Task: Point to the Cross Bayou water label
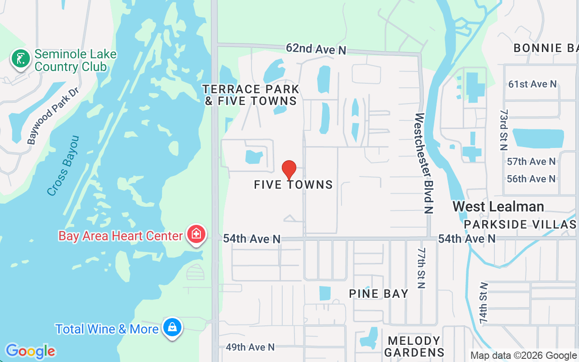[63, 166]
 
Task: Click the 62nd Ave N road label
[316, 49]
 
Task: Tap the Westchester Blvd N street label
[424, 163]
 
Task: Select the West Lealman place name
[498, 207]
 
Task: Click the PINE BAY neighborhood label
[379, 294]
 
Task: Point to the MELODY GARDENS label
[414, 347]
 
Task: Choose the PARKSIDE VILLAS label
[520, 225]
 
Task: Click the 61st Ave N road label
[532, 84]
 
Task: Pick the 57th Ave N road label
[531, 162]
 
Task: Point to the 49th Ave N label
[250, 347]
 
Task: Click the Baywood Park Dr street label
[52, 116]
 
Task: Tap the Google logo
[30, 351]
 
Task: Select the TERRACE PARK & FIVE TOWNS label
[251, 95]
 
